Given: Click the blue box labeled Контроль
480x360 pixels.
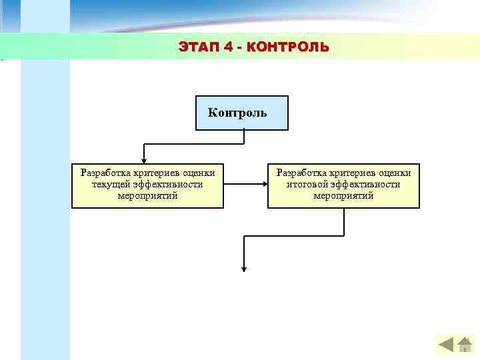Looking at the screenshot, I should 241,113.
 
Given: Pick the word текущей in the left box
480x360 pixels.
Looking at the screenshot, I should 111,184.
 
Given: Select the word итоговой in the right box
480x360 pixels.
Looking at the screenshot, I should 309,184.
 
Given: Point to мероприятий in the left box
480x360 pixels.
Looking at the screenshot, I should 147,195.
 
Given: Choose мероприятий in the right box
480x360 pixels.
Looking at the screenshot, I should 343,195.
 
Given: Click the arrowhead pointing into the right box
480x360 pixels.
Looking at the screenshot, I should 264,186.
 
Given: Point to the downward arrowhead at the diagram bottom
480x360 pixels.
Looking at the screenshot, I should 245,269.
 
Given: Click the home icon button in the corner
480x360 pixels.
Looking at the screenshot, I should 465,344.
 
